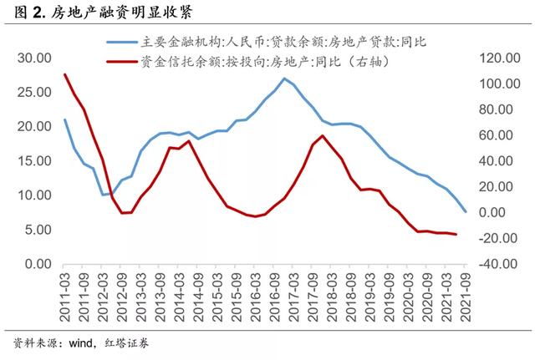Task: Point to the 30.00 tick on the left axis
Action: [x=33, y=58]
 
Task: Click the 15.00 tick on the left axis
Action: [x=33, y=160]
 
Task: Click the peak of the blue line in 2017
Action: [x=284, y=79]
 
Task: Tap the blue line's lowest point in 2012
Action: [x=103, y=195]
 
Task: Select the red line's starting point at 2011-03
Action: [x=65, y=74]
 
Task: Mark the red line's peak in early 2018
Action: [x=323, y=135]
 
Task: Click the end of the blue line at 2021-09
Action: [x=466, y=211]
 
